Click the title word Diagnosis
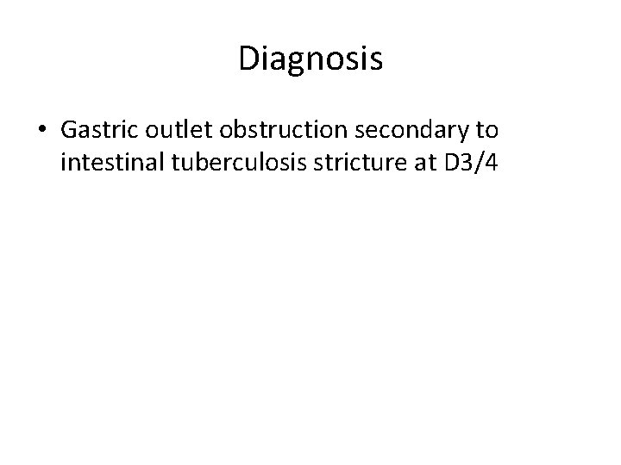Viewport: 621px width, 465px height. (310, 59)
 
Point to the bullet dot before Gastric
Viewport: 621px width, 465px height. (43, 130)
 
